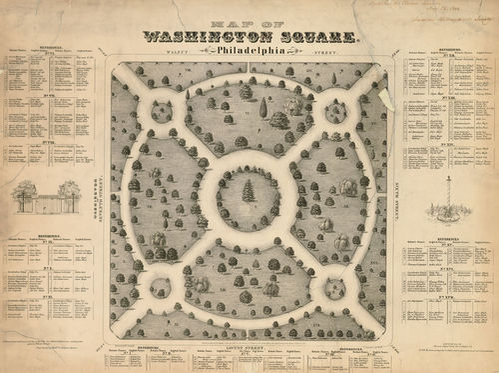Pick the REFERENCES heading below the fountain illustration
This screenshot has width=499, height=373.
(449, 241)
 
